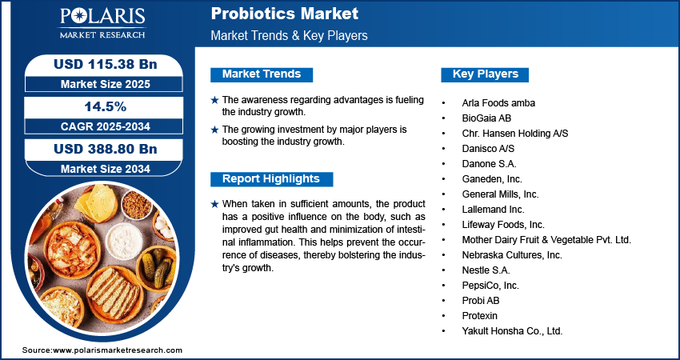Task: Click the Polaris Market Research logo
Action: tap(102, 23)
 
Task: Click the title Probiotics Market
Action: tap(285, 14)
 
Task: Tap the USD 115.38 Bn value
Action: tap(106, 64)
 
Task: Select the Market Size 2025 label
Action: tap(106, 84)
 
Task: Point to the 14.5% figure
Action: tap(106, 106)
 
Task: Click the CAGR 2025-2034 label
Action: tap(106, 126)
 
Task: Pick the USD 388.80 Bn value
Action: tap(106, 149)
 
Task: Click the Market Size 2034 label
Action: tap(106, 169)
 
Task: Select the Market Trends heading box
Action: tap(262, 74)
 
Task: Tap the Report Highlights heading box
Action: tap(271, 179)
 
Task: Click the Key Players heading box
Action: tap(485, 74)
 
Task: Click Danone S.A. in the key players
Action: tap(489, 164)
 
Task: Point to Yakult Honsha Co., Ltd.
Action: tap(512, 331)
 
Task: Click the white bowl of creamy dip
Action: tap(124, 241)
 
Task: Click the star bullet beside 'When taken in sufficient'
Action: tap(214, 204)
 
